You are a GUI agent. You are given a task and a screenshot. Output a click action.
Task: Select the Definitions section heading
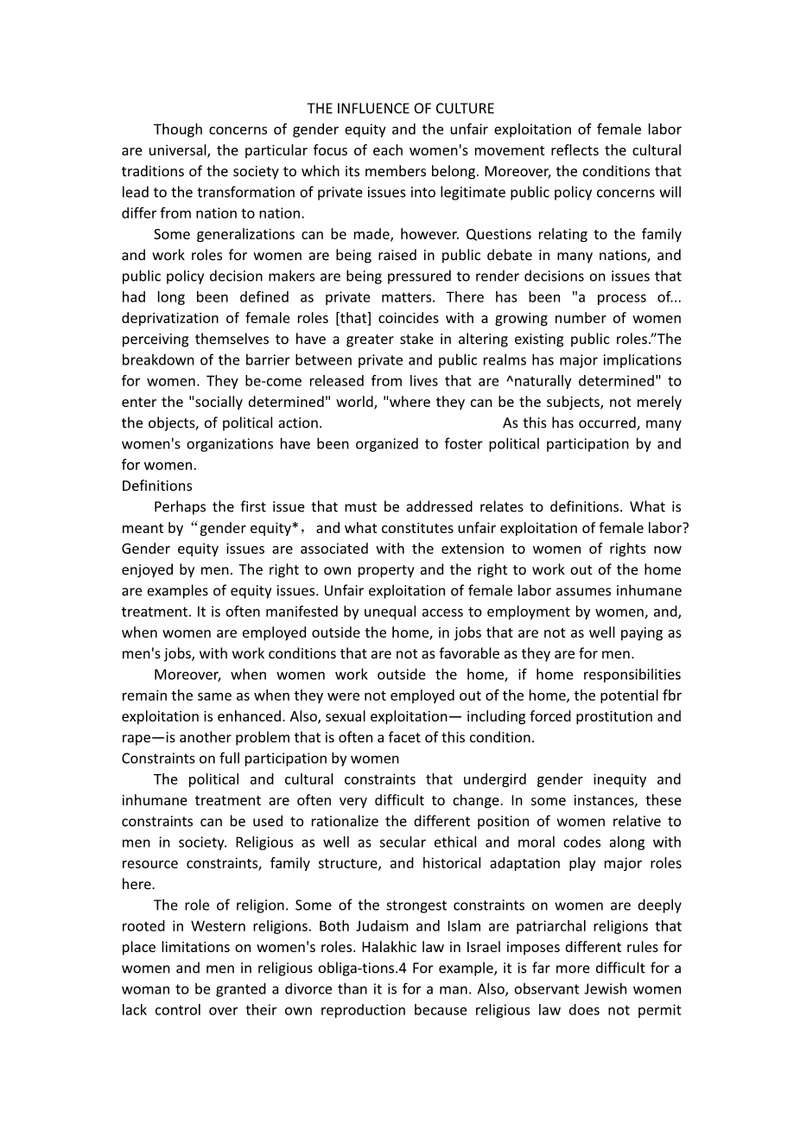pyautogui.click(x=157, y=486)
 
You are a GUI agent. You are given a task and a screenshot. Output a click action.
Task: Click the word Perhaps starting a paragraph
pyautogui.click(x=179, y=507)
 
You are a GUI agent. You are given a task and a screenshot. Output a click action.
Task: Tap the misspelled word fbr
pyautogui.click(x=671, y=696)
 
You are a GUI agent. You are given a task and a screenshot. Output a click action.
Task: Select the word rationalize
pyautogui.click(x=345, y=822)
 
